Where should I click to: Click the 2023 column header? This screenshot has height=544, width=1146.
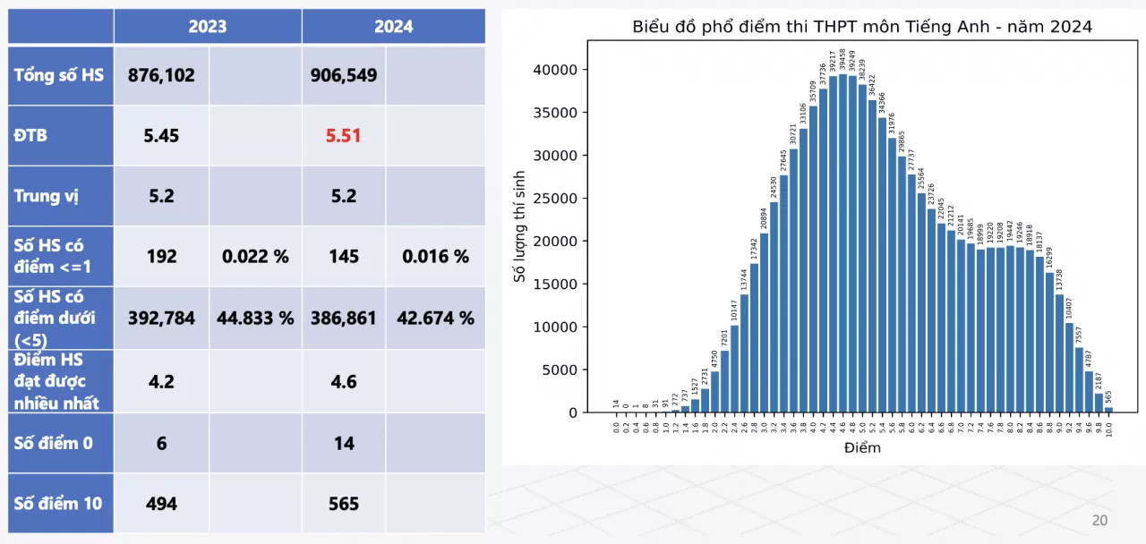[207, 26]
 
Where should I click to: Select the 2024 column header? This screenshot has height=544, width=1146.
[393, 26]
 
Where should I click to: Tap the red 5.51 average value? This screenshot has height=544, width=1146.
[344, 136]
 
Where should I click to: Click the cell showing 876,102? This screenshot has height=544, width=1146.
[161, 75]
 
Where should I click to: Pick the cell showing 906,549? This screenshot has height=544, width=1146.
[344, 75]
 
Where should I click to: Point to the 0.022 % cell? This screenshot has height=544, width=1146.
[255, 257]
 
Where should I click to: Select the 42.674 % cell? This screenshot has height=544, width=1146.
[436, 318]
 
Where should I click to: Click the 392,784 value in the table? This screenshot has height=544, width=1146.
[161, 318]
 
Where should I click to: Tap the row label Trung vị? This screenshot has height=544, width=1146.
[47, 195]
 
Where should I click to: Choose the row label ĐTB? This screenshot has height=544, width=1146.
[30, 136]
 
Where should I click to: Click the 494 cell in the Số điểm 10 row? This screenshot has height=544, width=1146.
[161, 504]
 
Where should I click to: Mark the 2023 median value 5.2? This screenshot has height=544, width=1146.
[161, 196]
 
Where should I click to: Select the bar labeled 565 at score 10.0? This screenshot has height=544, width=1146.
[1108, 410]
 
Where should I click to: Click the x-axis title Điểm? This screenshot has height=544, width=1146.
[862, 447]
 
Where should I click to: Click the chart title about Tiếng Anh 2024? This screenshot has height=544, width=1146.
[862, 27]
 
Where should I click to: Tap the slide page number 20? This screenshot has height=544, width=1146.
[1099, 521]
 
